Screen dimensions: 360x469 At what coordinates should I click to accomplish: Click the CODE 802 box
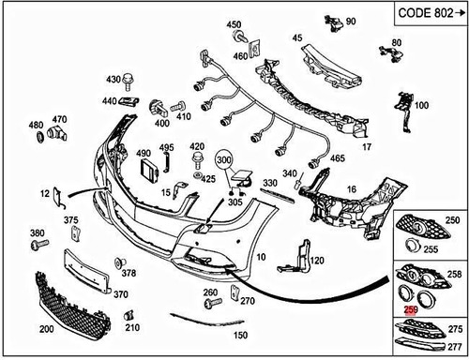click(426, 14)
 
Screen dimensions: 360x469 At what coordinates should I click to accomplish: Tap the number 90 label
click(351, 21)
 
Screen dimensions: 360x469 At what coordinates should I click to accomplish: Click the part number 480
click(36, 125)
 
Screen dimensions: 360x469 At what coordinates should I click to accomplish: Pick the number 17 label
click(367, 147)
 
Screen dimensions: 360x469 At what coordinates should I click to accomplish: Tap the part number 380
click(37, 232)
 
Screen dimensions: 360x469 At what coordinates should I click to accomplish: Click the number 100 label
click(421, 106)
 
